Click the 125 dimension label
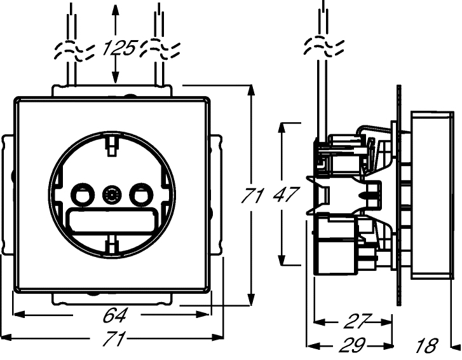coord(119,48)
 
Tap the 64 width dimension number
coord(115,315)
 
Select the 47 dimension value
coord(286,194)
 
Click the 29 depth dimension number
coord(353,345)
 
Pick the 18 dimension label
coord(426,345)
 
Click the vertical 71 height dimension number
coord(252,195)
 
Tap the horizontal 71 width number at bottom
coord(114,338)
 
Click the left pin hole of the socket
coord(83,195)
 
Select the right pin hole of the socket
coord(142,195)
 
